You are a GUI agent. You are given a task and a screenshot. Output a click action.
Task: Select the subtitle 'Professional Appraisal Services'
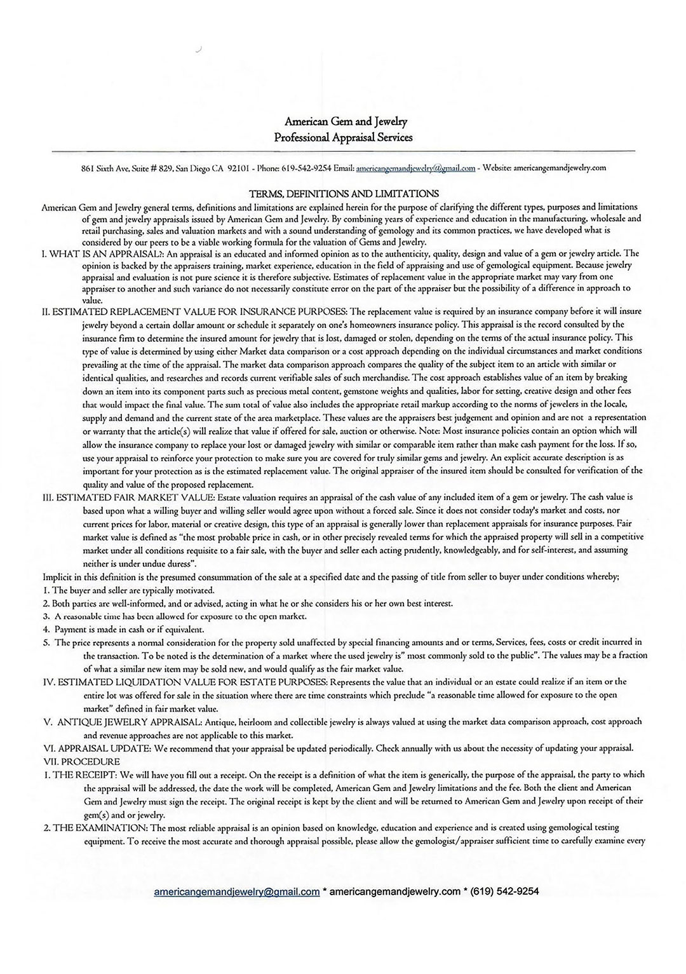coord(343,137)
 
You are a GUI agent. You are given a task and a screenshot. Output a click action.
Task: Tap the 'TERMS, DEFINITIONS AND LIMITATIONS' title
coord(343,194)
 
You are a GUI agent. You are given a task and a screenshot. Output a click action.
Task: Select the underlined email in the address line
coord(415,168)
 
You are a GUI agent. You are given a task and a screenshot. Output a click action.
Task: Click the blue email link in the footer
coord(236,891)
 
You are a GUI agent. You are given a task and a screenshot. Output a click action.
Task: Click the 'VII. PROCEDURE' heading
coord(81,761)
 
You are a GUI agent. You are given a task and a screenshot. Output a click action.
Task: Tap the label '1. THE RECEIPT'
coord(80,774)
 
